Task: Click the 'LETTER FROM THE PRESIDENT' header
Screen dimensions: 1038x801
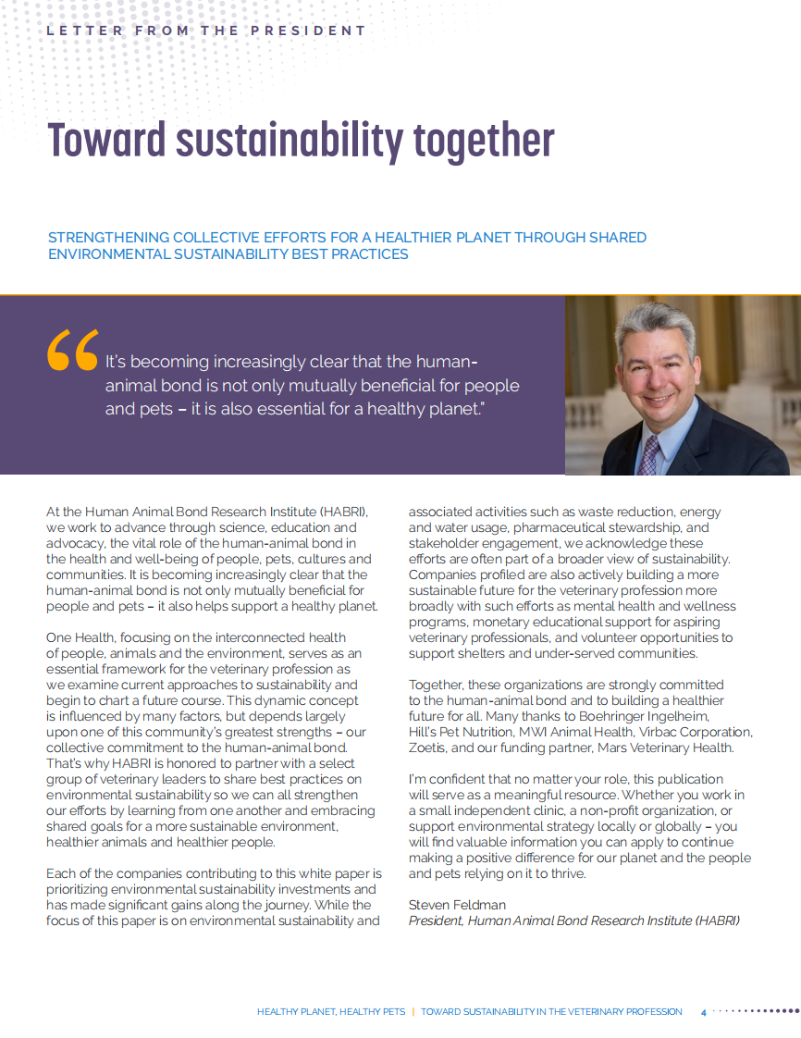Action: [x=206, y=31]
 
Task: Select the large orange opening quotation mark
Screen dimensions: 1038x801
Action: [x=72, y=349]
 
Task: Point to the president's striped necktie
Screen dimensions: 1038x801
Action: [x=650, y=454]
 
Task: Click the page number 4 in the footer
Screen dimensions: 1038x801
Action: [x=703, y=1012]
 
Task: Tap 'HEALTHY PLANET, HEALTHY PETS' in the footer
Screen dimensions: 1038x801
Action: [x=331, y=1012]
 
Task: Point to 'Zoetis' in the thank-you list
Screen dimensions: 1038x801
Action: [x=429, y=748]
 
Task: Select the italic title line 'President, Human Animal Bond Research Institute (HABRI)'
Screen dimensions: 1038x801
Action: [x=574, y=921]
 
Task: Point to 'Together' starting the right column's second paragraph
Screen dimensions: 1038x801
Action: [x=436, y=685]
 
